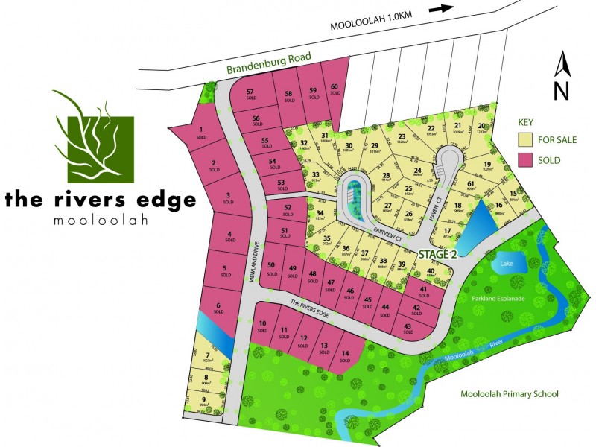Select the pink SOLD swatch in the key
pyautogui.click(x=529, y=160)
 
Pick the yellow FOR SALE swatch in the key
pyautogui.click(x=529, y=139)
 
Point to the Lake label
pyautogui.click(x=507, y=264)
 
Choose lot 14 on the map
pyautogui.click(x=345, y=356)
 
